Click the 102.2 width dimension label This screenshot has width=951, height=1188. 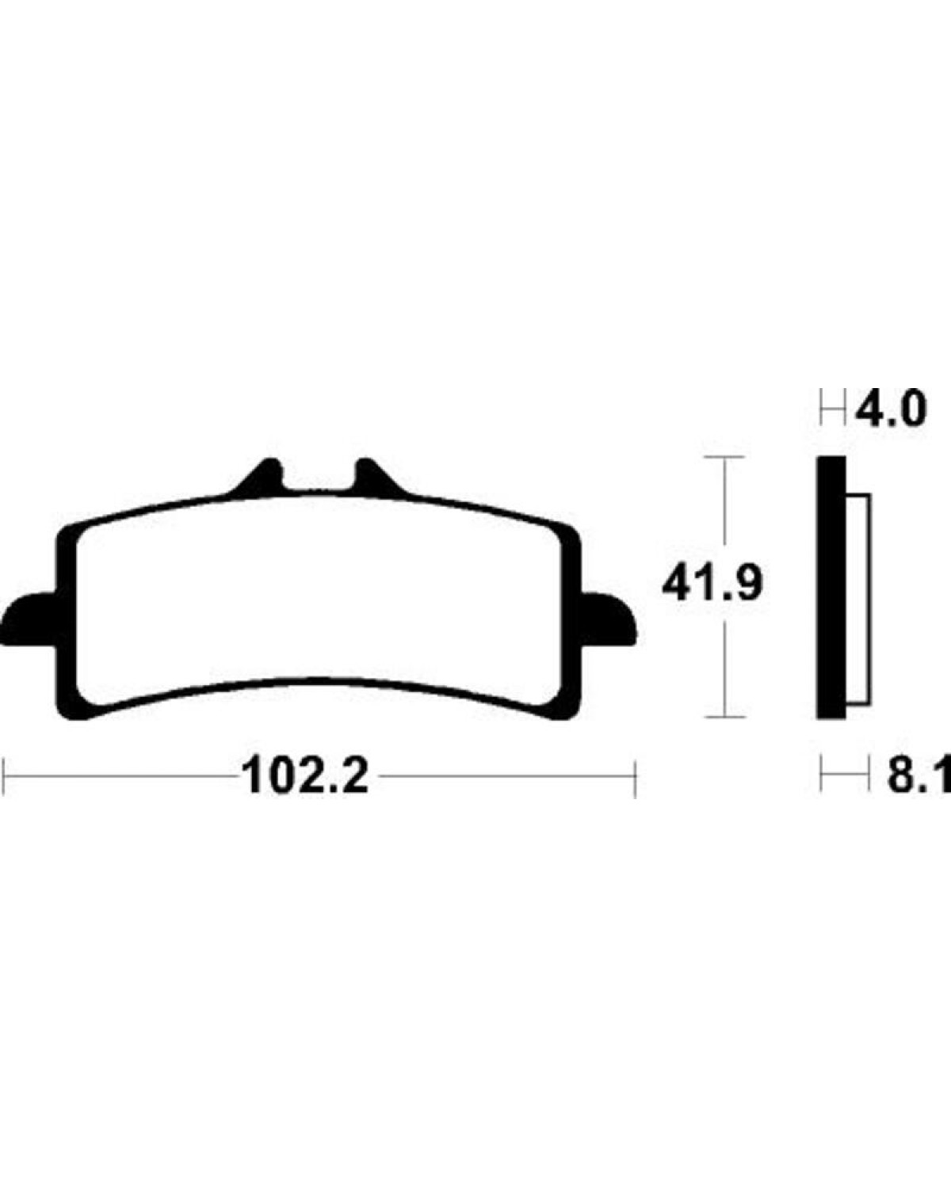click(305, 777)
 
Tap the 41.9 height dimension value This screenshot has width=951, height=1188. click(712, 584)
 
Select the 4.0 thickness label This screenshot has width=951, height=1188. click(891, 411)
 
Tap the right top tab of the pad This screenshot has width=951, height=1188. click(380, 476)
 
